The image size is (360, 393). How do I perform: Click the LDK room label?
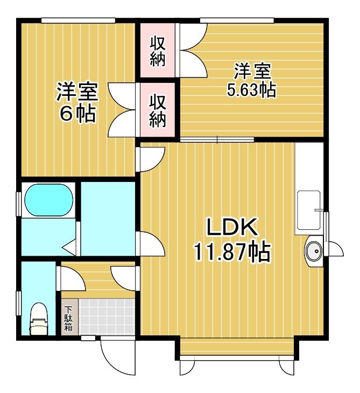click(x=232, y=227)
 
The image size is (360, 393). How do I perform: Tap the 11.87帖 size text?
click(x=232, y=251)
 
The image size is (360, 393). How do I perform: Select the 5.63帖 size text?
click(x=251, y=89)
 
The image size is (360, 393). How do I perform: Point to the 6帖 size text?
click(x=77, y=114)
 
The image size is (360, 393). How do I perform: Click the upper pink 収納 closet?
click(x=157, y=51)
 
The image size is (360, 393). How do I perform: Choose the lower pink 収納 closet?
click(x=157, y=110)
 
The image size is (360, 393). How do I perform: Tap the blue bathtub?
click(x=49, y=200)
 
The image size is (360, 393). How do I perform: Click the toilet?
click(x=39, y=319)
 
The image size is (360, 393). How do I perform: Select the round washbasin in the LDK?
click(x=313, y=251)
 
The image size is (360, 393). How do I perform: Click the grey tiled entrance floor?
click(x=107, y=317)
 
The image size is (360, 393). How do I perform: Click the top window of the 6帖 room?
click(x=78, y=20)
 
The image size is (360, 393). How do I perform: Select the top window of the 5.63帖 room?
click(x=237, y=20)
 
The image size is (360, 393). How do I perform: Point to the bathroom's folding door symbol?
click(x=69, y=248)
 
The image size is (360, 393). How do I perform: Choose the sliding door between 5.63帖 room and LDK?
click(x=217, y=139)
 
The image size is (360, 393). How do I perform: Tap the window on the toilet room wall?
click(x=18, y=303)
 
